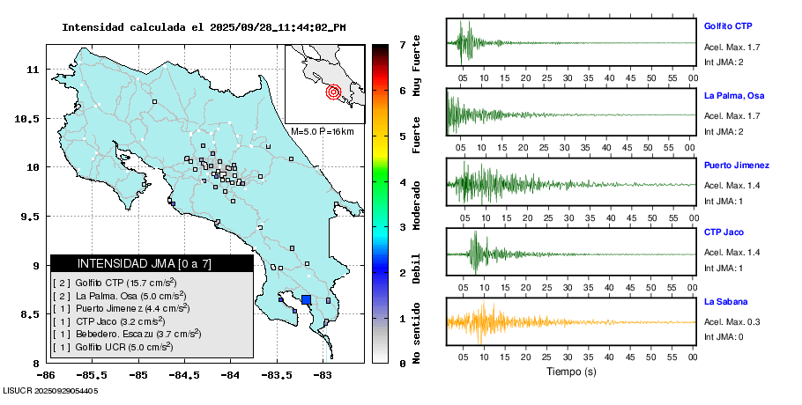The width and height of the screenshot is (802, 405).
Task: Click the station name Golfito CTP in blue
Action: [x=727, y=26]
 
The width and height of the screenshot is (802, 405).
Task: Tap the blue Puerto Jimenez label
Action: [x=736, y=166]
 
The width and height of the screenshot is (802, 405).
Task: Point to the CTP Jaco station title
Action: [x=723, y=232]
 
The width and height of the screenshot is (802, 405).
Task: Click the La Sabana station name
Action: [x=725, y=302]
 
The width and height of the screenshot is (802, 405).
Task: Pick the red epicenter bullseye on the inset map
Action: [x=333, y=91]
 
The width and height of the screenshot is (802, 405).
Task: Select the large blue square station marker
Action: [x=307, y=300]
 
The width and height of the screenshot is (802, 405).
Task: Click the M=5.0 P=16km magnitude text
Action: [x=322, y=132]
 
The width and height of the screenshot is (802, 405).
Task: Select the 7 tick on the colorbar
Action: [x=402, y=44]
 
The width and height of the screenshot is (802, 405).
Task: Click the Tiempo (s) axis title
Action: [x=569, y=372]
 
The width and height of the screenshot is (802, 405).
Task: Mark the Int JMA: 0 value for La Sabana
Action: [x=724, y=337]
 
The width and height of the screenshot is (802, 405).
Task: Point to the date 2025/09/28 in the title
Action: [x=242, y=27]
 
